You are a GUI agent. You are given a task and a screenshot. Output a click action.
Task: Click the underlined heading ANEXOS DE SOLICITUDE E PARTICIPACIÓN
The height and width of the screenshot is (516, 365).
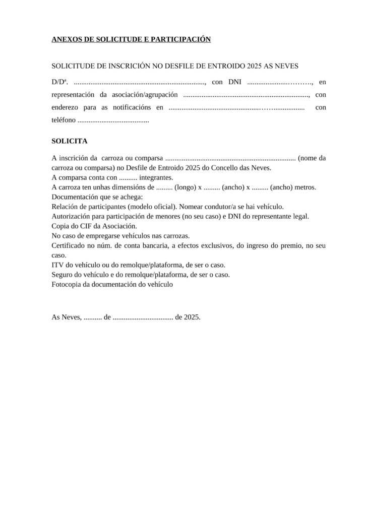coord(131,39)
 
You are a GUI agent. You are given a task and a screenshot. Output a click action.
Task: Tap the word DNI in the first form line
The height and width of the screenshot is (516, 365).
coord(235,81)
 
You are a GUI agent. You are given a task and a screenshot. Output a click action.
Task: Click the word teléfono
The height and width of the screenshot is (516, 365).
coord(64,120)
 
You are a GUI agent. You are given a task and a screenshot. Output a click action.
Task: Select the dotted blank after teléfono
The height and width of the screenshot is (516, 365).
coord(113,121)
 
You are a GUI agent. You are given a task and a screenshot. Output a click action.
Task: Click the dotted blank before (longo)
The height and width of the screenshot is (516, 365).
coord(164,187)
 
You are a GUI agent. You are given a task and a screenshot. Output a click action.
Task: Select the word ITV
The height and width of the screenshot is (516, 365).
coord(57,265)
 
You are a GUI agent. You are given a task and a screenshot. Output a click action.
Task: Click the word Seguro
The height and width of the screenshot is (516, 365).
coord(63,275)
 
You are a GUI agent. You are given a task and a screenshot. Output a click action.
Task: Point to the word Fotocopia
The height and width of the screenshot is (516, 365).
coord(67,284)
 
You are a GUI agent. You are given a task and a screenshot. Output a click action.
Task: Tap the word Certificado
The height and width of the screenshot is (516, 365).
coord(69,245)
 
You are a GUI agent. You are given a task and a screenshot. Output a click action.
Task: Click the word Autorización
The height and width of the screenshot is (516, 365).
coord(72,216)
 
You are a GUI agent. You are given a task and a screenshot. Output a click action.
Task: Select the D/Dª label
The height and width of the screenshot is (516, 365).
coord(60,81)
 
